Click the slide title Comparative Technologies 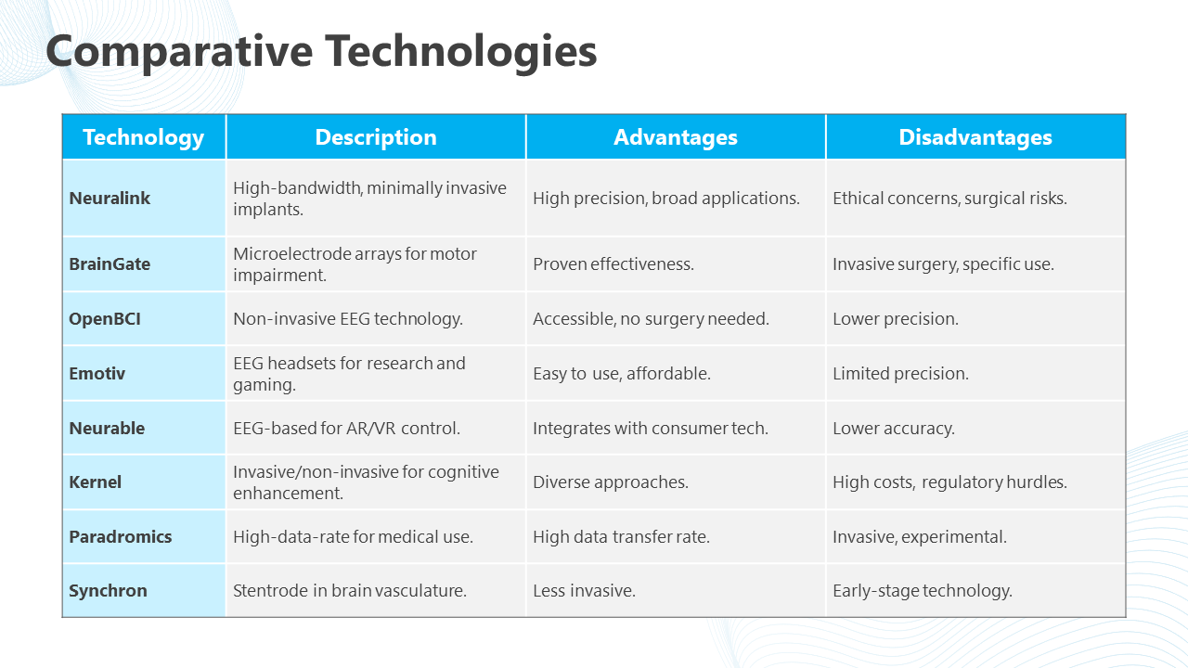click(x=321, y=52)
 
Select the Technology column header click(x=143, y=137)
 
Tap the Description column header click(x=376, y=137)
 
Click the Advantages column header click(x=676, y=137)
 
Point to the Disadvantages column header click(x=975, y=137)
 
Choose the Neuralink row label click(x=110, y=198)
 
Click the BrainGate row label click(x=110, y=263)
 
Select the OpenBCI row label click(x=105, y=318)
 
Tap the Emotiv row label click(x=97, y=373)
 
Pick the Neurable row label click(x=107, y=428)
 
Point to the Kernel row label click(x=96, y=482)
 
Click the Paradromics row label click(x=121, y=536)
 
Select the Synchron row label click(x=109, y=590)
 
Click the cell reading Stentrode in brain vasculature click(x=350, y=590)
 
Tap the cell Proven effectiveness click(x=613, y=263)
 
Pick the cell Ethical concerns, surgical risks click(x=949, y=198)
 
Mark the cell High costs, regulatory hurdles click(x=949, y=482)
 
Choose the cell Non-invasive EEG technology click(x=348, y=318)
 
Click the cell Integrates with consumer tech click(x=651, y=428)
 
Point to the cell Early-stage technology click(x=923, y=590)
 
